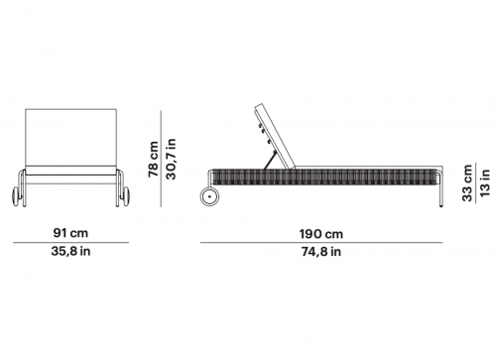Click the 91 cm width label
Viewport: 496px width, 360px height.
[70, 233]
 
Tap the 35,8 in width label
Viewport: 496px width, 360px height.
[70, 251]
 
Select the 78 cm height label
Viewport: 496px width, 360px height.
[153, 160]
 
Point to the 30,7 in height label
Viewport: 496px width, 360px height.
[171, 159]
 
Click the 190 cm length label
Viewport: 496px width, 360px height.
[321, 234]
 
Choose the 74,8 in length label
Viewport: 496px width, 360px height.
[321, 252]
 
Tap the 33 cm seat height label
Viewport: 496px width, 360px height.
[467, 182]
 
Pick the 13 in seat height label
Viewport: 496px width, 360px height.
[485, 182]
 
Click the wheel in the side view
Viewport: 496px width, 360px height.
[209, 196]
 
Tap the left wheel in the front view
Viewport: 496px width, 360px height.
[16, 196]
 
